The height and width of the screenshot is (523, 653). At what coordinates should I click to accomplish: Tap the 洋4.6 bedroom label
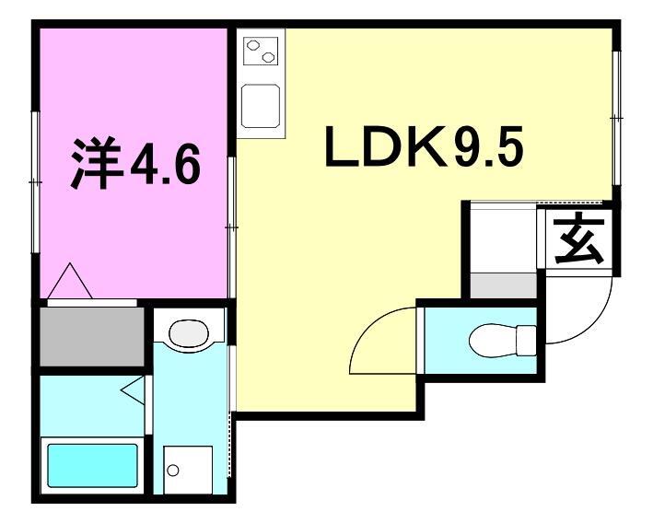pyautogui.click(x=134, y=164)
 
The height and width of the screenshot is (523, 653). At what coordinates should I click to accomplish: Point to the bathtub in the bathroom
pyautogui.click(x=92, y=467)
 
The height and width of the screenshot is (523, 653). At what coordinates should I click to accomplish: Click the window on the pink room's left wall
pyautogui.click(x=36, y=181)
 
